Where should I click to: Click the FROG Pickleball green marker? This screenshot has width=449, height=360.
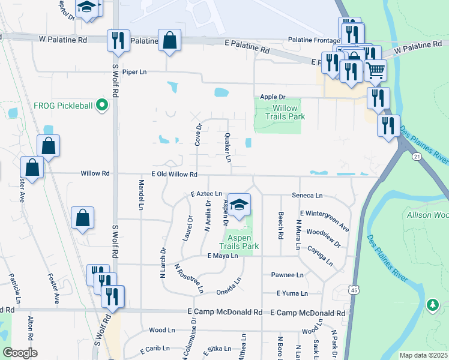[x=101, y=106]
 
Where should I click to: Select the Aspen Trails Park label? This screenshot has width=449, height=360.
[x=238, y=242]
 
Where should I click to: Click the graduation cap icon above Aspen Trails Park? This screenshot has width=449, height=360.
[x=239, y=204]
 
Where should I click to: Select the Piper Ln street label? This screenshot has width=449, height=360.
[x=134, y=71]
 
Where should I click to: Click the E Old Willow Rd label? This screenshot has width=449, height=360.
[x=174, y=174]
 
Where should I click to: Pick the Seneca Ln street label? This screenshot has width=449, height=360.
[x=307, y=196]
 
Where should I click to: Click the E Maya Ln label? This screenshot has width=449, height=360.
[x=223, y=256]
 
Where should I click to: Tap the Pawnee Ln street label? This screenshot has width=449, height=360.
[x=287, y=275]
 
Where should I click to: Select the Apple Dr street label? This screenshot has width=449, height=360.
[x=273, y=97]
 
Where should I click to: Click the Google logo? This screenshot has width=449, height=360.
[x=20, y=353]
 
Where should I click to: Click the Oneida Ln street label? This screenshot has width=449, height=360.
[x=229, y=284]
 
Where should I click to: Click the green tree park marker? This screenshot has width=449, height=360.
[x=432, y=305]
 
